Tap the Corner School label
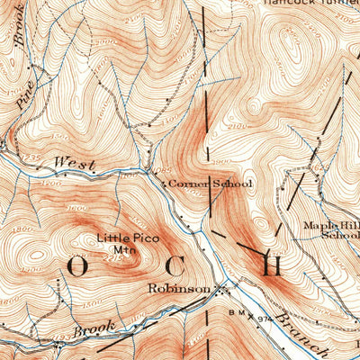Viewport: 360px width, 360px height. pos(210,184)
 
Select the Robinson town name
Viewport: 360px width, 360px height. pos(180,290)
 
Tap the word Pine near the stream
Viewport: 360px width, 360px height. pos(24,95)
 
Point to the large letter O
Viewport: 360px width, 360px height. pos(76,267)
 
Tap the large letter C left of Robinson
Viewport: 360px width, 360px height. pos(176,267)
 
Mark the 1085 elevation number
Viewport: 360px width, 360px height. pos(159,172)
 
